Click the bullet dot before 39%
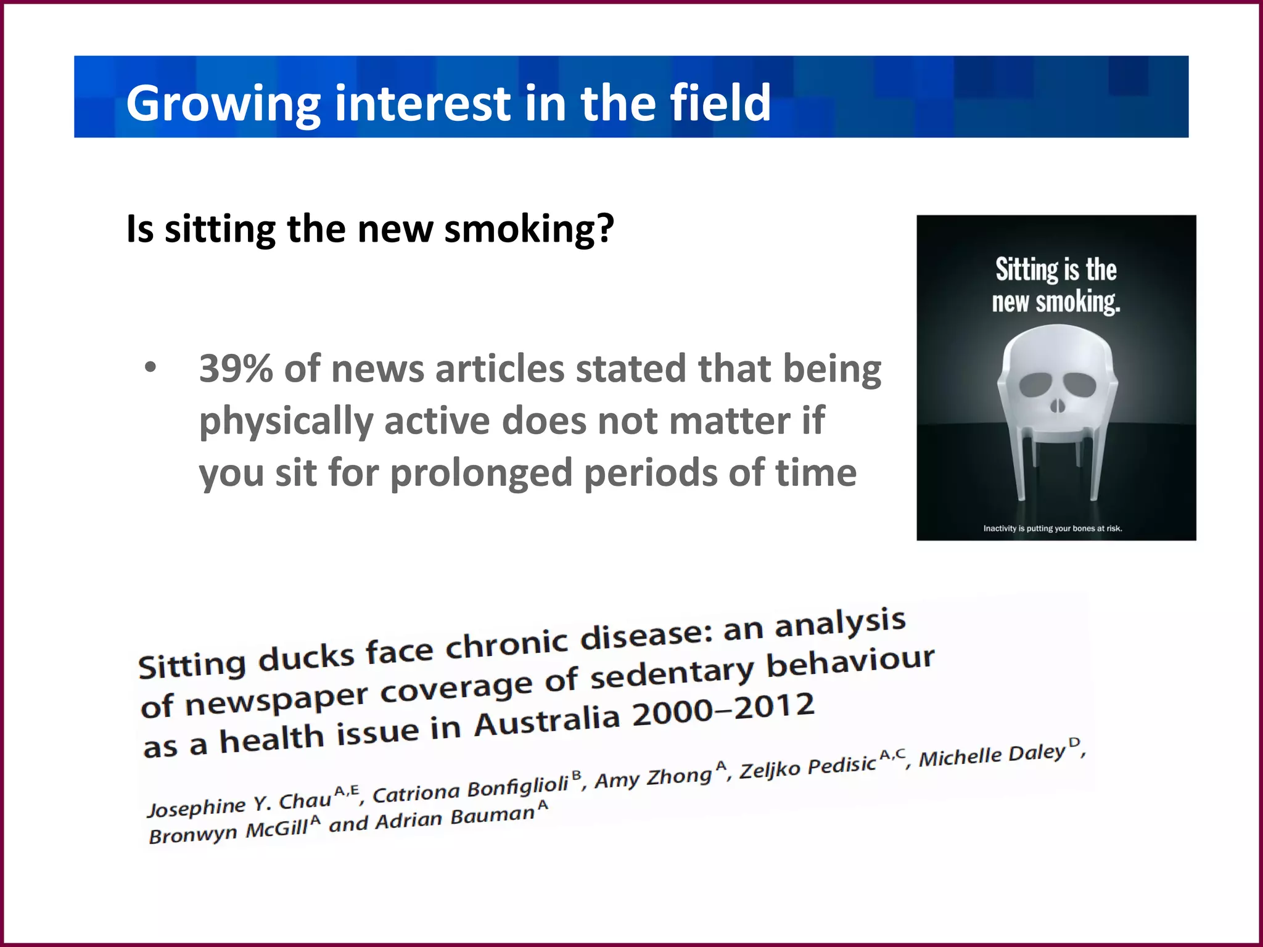[x=150, y=367]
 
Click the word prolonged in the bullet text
[x=482, y=473]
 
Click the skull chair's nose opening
[x=1057, y=406]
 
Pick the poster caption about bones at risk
[x=1052, y=528]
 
